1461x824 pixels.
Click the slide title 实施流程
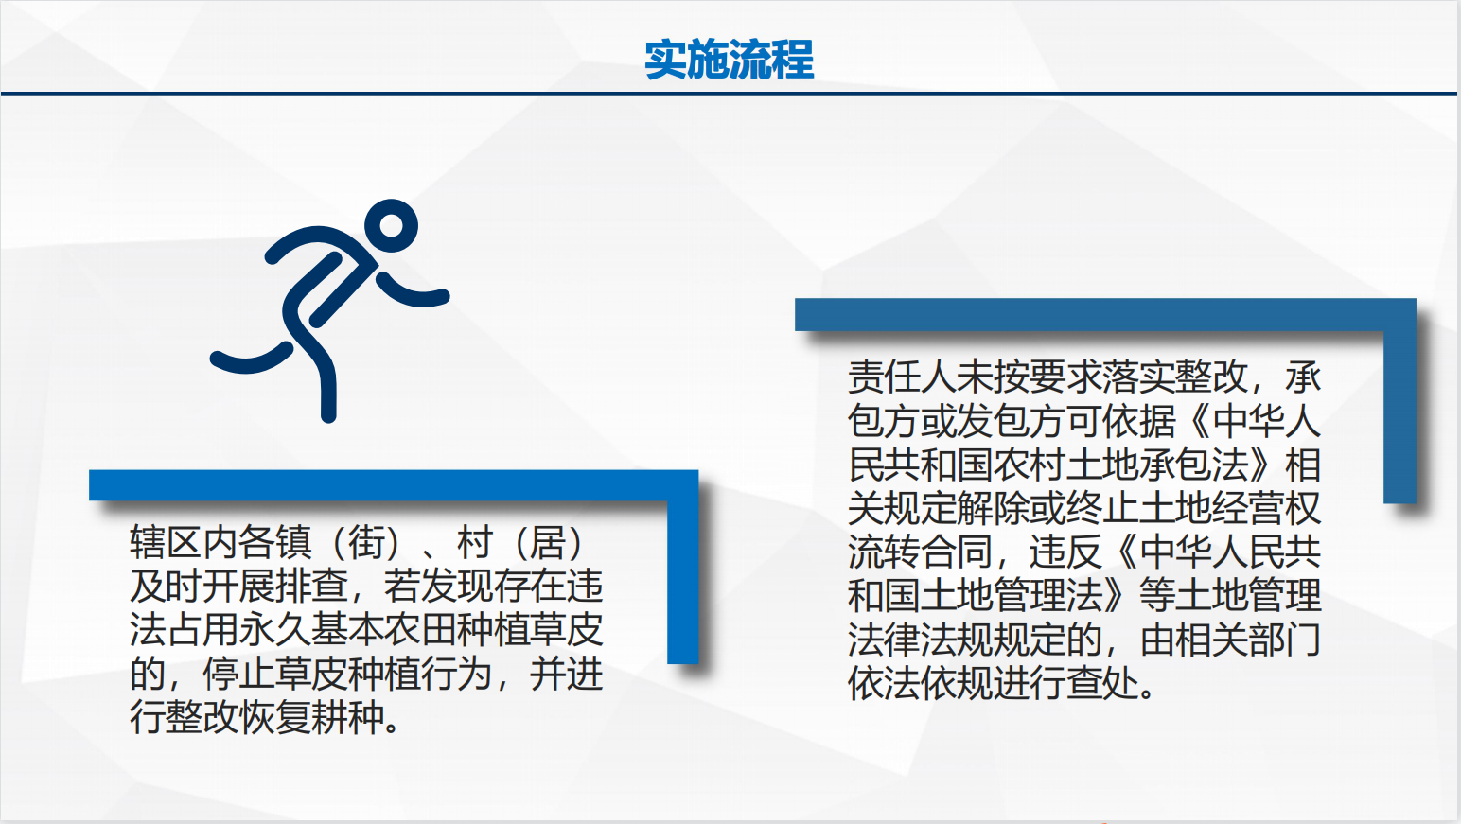(730, 60)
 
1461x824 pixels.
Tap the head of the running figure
(391, 225)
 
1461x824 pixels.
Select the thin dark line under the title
(730, 94)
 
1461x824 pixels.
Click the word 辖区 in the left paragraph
(166, 542)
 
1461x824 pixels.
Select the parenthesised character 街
(366, 542)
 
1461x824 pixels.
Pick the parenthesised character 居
(548, 542)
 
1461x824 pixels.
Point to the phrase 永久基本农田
(347, 630)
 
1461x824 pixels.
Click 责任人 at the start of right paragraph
(902, 377)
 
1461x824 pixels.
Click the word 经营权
(1266, 508)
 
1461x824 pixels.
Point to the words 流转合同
(921, 552)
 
